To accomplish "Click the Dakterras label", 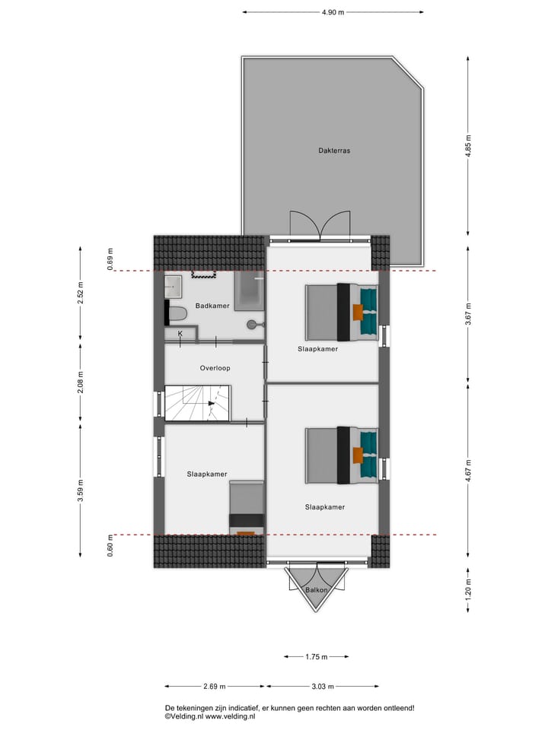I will [334, 151].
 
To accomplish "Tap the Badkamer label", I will [212, 306].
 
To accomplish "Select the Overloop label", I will [215, 368].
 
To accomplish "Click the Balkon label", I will [317, 590].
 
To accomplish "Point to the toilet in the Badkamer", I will [177, 313].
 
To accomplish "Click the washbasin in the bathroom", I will [174, 287].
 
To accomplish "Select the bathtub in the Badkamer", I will [249, 292].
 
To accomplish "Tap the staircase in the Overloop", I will [198, 402].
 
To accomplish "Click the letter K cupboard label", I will [180, 334].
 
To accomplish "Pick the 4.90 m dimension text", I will [333, 12].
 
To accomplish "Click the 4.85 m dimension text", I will [469, 144].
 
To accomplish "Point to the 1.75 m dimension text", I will [316, 657].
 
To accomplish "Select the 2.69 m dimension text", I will [215, 687].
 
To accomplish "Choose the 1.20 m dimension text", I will [469, 588].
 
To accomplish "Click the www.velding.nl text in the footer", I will [229, 716].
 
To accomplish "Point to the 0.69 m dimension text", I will [110, 259].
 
